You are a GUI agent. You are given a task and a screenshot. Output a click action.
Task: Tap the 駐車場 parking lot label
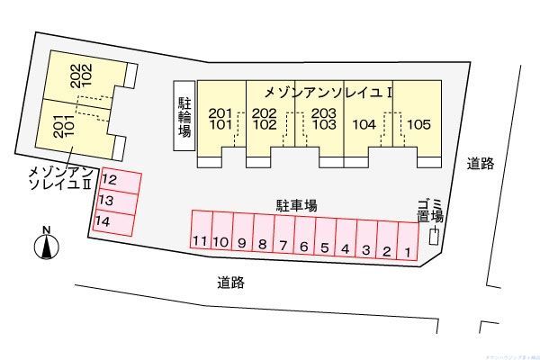[x=295, y=206]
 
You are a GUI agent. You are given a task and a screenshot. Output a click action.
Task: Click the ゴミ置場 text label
[x=429, y=210]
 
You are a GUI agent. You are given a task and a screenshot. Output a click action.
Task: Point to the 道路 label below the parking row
[x=231, y=282]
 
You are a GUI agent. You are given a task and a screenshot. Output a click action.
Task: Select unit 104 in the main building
[x=365, y=125]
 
